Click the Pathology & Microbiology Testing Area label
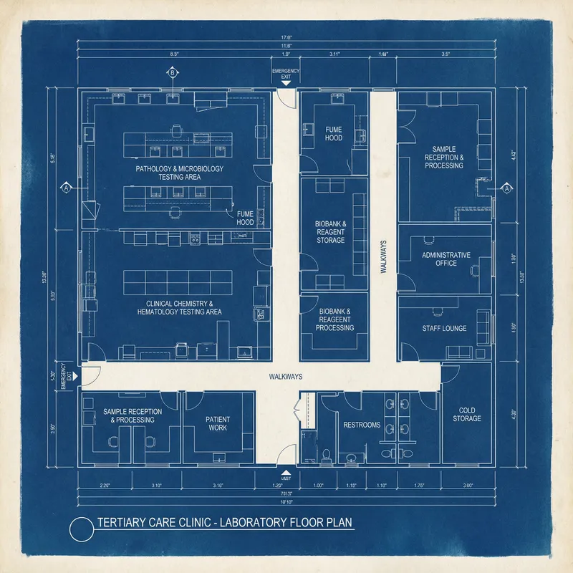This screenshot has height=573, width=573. [x=180, y=173]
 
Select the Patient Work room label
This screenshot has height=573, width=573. [x=218, y=423]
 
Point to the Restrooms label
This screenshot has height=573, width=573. [x=362, y=425]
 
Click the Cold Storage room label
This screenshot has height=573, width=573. [x=466, y=414]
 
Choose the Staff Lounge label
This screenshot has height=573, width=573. [x=444, y=328]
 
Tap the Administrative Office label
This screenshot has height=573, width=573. [x=446, y=259]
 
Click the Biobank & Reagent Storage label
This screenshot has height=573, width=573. [x=330, y=232]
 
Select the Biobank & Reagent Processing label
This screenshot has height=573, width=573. [x=334, y=319]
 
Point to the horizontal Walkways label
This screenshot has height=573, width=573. [x=286, y=376]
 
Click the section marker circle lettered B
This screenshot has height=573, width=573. [x=172, y=72]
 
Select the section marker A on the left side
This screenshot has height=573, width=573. [x=67, y=188]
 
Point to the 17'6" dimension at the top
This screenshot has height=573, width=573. [x=286, y=39]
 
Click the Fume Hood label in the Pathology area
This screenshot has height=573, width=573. [x=245, y=218]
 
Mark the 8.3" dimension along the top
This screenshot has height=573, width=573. [x=174, y=54]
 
